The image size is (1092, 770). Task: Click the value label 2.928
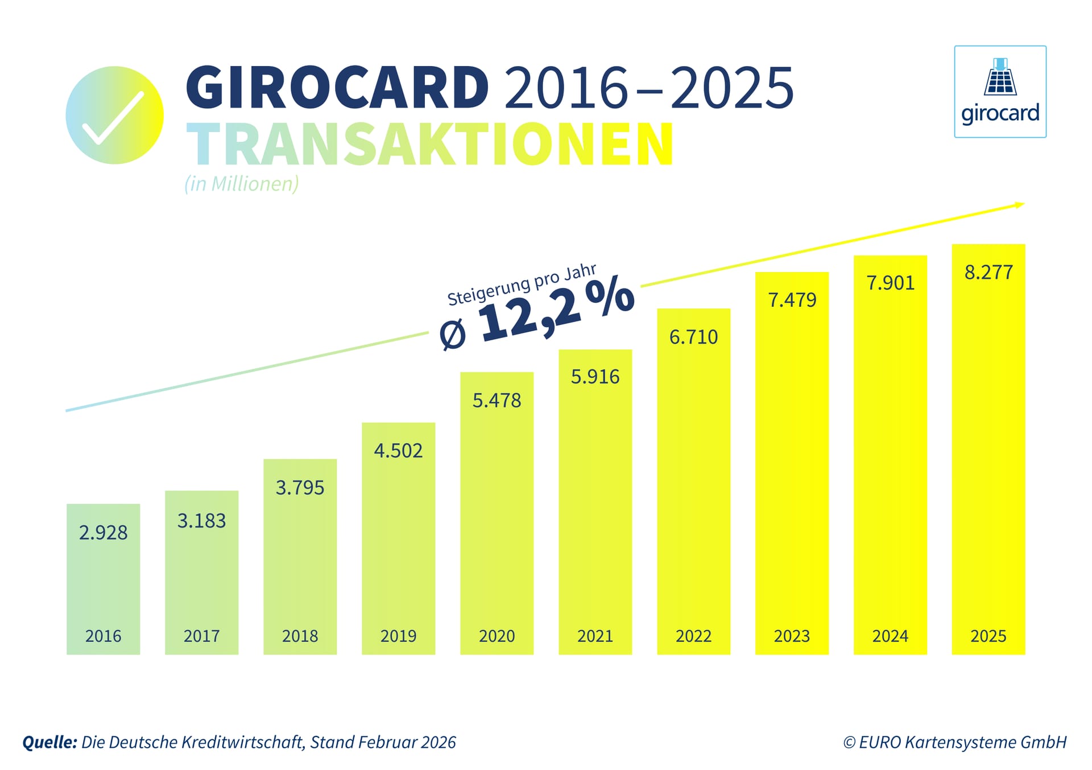click(103, 533)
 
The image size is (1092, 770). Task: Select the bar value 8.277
click(988, 273)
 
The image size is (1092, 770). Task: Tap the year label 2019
click(398, 636)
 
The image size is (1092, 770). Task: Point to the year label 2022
click(693, 636)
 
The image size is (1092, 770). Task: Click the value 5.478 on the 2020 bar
click(497, 401)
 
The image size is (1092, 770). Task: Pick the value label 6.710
click(693, 337)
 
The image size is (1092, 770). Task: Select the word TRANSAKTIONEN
click(430, 145)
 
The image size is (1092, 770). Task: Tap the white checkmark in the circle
click(114, 117)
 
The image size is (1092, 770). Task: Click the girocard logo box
click(1000, 92)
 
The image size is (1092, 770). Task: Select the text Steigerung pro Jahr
click(521, 285)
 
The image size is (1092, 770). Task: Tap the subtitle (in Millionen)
click(241, 184)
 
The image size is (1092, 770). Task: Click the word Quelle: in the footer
click(49, 742)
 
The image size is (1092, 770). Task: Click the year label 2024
click(890, 636)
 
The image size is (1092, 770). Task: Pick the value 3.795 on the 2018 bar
click(300, 488)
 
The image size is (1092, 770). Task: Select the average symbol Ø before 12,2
click(453, 335)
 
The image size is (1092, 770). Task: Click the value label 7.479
click(792, 300)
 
